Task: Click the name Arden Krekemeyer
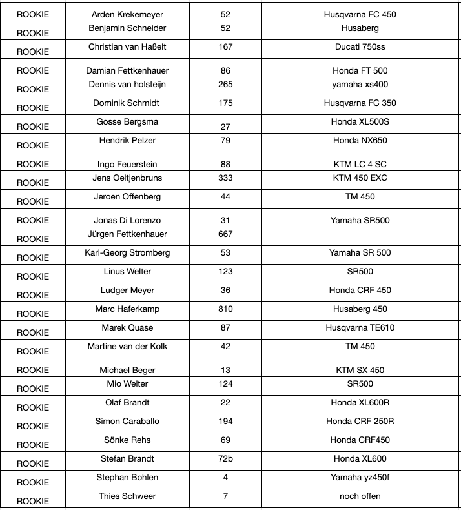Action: click(127, 14)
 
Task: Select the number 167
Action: click(225, 46)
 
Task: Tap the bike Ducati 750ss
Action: click(360, 46)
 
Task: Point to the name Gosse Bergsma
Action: click(127, 122)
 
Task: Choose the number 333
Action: click(225, 178)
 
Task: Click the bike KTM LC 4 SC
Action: click(360, 165)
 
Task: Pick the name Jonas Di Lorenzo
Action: click(127, 221)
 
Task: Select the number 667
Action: click(225, 234)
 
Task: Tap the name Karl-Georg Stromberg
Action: click(127, 252)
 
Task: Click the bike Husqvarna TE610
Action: click(360, 327)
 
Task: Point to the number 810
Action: click(225, 309)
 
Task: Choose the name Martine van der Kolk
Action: click(127, 346)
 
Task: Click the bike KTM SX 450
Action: click(360, 371)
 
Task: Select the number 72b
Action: click(225, 458)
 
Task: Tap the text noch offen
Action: click(360, 496)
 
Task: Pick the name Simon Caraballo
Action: click(127, 421)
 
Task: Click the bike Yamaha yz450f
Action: click(360, 477)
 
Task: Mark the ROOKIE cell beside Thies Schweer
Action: click(33, 501)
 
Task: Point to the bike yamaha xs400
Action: click(360, 84)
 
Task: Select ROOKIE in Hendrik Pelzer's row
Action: click(33, 145)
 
